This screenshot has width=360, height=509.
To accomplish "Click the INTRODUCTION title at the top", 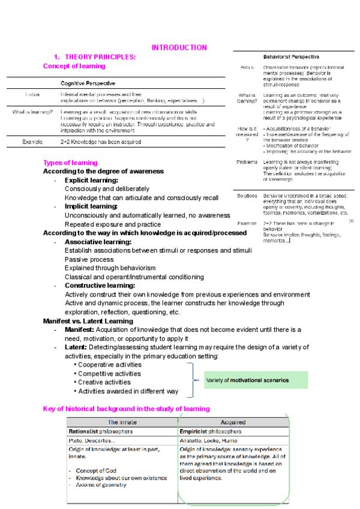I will coord(179,47).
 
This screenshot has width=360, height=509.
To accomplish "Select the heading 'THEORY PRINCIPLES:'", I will coord(100,57).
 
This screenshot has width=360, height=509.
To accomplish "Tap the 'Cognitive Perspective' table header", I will coord(88,83).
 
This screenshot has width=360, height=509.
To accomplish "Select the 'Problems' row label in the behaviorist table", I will coord(247,163).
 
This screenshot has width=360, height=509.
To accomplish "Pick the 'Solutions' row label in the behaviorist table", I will coord(247,196).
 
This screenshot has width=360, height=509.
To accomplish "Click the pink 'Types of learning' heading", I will coord(70,163).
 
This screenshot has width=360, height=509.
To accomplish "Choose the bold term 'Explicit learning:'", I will coord(91,180).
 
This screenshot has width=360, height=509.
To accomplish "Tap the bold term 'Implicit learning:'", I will coord(91,206).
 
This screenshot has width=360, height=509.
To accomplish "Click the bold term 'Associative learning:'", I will coord(98,242).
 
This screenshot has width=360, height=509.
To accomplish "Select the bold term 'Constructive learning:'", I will coord(99,286).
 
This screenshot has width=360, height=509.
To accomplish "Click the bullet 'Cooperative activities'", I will coord(110,364).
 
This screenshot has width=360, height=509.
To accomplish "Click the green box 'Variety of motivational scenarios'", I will coord(247,380).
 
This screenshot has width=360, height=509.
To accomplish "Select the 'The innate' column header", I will coord(122,423).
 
